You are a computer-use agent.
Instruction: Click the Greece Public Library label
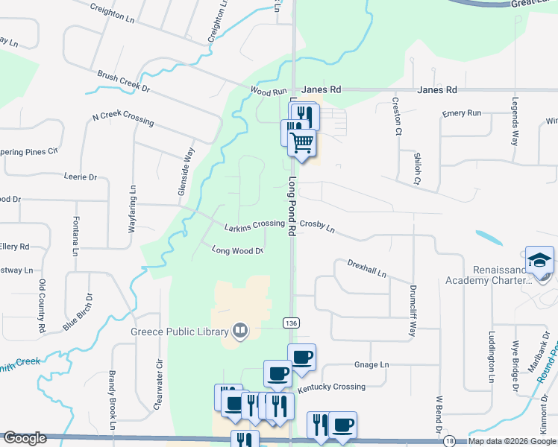(179, 332)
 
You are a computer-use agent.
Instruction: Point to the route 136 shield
(291, 322)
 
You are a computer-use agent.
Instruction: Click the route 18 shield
(448, 441)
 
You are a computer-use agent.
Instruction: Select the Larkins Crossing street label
(255, 224)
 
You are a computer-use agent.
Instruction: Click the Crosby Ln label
(318, 226)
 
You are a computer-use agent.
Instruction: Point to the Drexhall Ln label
(366, 268)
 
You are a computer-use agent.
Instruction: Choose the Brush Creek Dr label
(124, 82)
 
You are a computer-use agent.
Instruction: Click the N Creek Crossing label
(123, 119)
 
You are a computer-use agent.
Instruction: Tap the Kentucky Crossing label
(331, 387)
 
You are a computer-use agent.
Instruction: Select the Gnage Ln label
(372, 365)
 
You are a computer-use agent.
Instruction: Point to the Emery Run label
(462, 112)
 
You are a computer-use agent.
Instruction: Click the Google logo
(25, 439)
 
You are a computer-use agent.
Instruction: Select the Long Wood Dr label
(238, 250)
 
